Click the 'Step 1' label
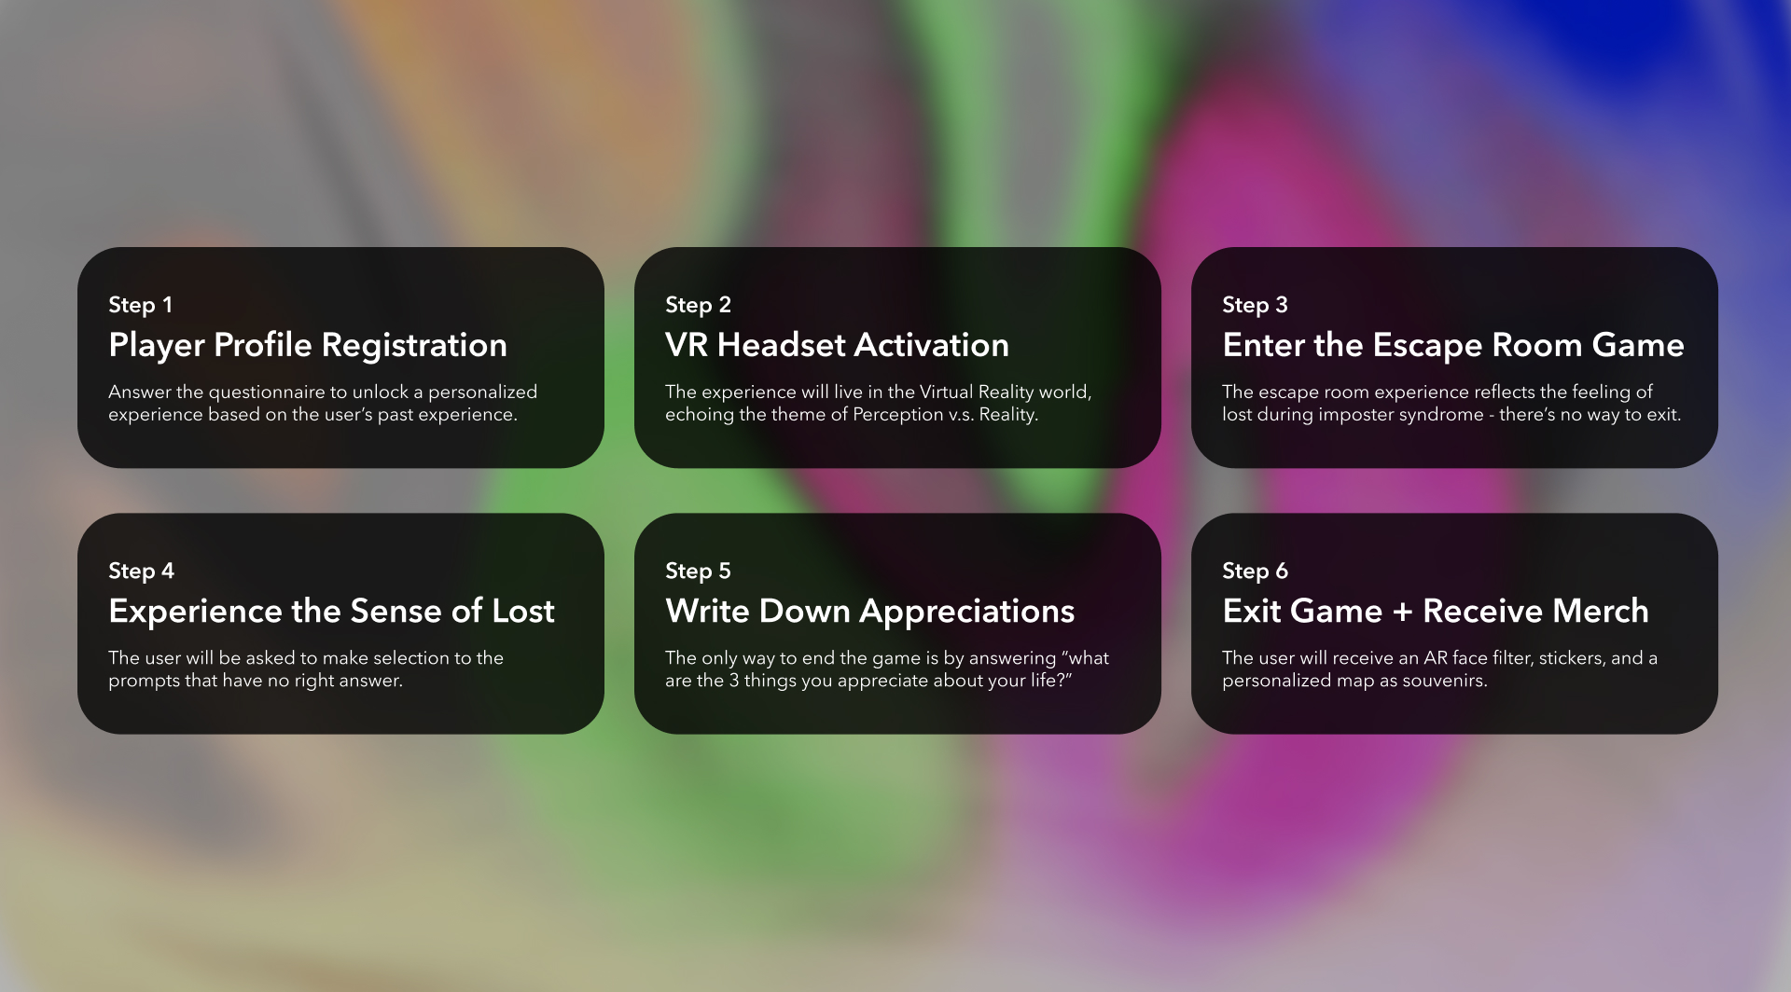(140, 305)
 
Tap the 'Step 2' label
(698, 305)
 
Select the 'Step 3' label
(1255, 305)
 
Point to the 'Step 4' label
(141, 571)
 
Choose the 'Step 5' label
(698, 571)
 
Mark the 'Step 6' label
(1255, 571)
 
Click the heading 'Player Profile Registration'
(308, 346)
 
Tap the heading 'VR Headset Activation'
(837, 345)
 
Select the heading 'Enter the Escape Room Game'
(1453, 346)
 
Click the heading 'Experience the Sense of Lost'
(331, 612)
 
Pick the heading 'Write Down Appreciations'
(869, 612)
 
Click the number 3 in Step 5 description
(734, 681)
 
